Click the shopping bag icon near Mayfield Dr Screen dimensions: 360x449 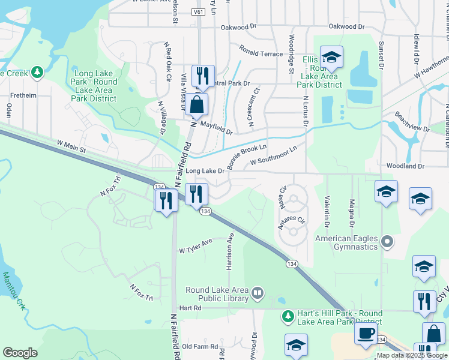coord(197,104)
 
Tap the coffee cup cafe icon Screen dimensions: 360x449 coord(366,334)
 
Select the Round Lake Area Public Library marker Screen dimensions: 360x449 coord(258,293)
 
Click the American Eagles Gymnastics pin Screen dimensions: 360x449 coord(387,242)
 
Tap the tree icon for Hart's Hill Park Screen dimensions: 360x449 coord(288,314)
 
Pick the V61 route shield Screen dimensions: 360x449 coord(199,12)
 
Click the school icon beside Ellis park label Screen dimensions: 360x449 coord(331,58)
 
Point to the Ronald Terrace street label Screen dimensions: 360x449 coord(261,54)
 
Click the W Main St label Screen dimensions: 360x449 coord(72,145)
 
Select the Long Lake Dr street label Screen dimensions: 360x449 coord(205,171)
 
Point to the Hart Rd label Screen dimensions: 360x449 coord(188,308)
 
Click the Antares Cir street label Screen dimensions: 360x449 coord(292,220)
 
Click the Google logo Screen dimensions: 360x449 coord(20,353)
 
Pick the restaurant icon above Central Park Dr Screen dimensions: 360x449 coord(203,76)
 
